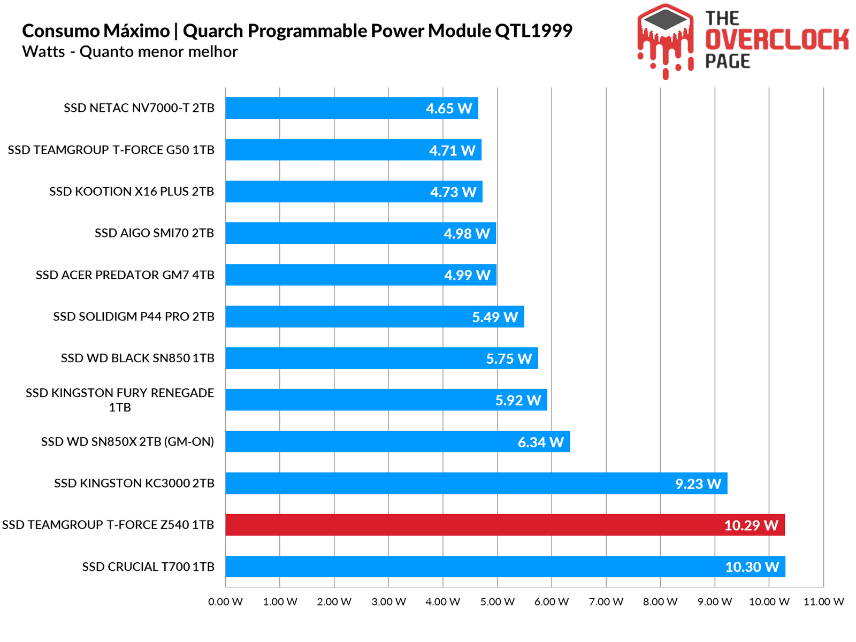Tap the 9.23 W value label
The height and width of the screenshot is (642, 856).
(698, 484)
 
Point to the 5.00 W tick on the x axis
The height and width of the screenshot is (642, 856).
(497, 602)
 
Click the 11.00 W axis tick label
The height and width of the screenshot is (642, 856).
(823, 602)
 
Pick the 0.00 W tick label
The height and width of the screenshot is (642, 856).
(225, 602)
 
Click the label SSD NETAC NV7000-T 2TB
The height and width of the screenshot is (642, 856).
(139, 108)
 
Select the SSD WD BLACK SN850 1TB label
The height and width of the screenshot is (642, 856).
(137, 358)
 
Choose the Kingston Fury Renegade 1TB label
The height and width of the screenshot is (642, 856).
(120, 400)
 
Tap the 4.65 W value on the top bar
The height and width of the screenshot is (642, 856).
(449, 109)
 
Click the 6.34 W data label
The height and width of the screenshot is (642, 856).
(540, 442)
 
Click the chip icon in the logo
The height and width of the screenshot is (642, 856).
(665, 22)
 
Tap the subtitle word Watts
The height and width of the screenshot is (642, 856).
(43, 52)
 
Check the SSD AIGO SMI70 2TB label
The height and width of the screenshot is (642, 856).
(154, 233)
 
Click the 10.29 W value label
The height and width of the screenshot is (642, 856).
(751, 525)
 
